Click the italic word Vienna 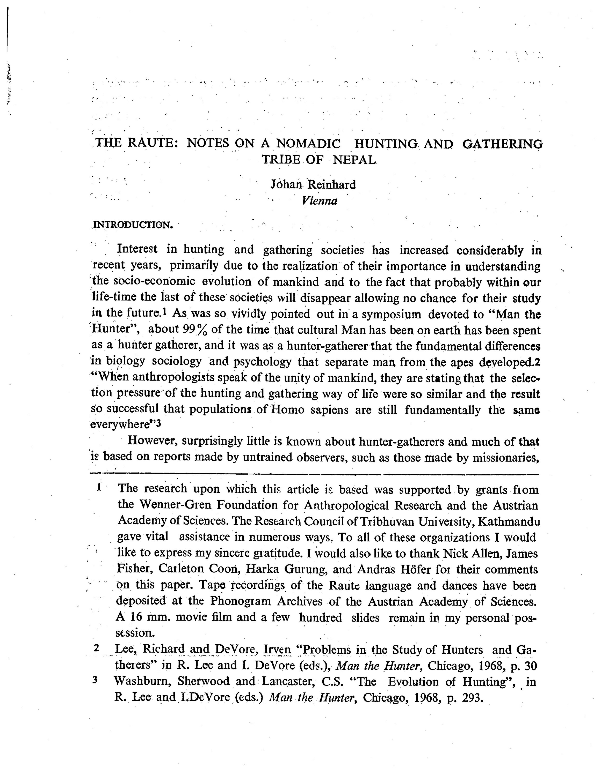(319, 201)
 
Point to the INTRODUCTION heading (133, 225)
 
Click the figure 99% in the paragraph (194, 330)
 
